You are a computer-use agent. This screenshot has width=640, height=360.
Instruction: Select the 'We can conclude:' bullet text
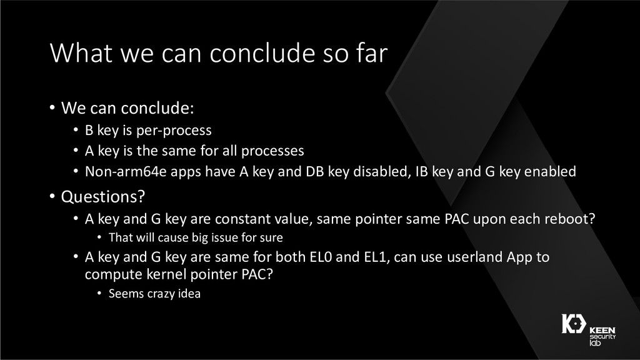click(x=127, y=108)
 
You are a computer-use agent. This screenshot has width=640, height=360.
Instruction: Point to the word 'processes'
click(x=272, y=151)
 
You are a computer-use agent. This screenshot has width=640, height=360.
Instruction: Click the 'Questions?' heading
click(x=103, y=197)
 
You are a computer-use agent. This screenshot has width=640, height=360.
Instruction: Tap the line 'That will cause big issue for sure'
click(x=196, y=237)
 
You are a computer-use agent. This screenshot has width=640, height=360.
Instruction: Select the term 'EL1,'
click(x=375, y=257)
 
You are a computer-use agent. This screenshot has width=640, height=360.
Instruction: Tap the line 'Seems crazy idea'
click(x=154, y=294)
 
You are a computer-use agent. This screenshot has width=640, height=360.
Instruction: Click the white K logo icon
click(x=574, y=324)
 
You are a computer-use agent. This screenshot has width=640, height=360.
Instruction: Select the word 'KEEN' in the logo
click(x=602, y=330)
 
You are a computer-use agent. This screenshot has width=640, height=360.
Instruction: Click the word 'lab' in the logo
click(x=595, y=343)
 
